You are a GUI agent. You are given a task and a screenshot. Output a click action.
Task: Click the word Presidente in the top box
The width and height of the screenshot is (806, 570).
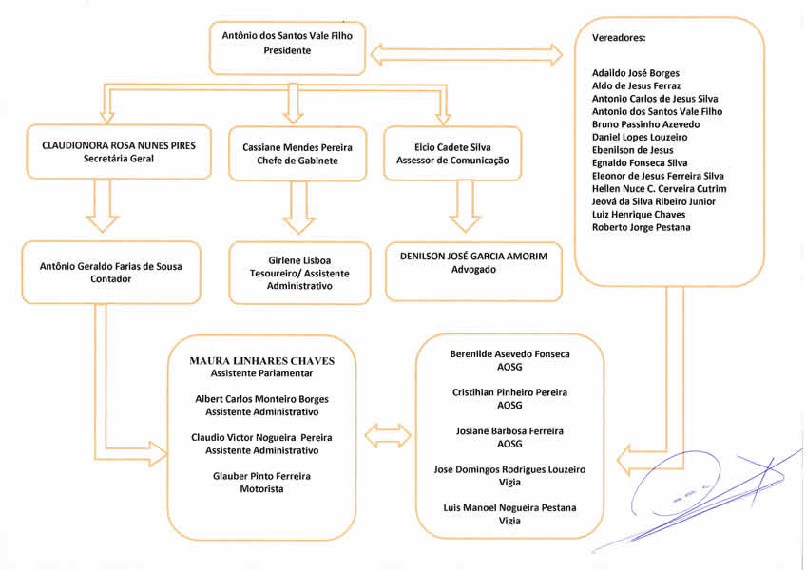287,50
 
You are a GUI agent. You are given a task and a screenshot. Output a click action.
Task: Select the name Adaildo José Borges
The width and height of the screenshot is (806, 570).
635,73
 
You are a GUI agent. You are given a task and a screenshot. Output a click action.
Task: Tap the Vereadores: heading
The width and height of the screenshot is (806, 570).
619,38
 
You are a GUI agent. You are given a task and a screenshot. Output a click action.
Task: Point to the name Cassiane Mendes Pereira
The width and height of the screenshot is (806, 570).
297,147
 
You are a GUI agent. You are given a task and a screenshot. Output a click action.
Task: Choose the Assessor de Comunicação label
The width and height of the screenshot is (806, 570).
452,161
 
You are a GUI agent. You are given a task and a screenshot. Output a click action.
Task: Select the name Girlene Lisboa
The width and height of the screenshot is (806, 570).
298,259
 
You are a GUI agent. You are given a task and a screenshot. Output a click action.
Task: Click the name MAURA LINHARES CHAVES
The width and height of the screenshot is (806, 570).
261,361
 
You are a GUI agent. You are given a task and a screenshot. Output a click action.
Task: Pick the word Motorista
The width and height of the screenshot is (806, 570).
261,488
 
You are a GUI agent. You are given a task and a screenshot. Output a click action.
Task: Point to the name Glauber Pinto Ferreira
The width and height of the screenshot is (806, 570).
261,475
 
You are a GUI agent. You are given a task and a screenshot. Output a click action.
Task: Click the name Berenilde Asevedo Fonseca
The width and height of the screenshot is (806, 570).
509,354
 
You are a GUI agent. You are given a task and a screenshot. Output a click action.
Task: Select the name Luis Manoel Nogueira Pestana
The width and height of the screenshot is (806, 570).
509,507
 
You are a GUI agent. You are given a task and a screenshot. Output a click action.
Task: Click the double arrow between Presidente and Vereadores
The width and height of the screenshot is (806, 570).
466,55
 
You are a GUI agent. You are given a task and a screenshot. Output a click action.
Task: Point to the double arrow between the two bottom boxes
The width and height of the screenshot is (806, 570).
388,436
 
